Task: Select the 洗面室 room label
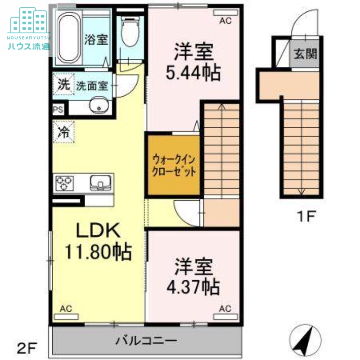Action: (x=92, y=85)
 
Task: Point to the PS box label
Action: (x=58, y=109)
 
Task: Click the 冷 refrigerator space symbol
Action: (x=63, y=132)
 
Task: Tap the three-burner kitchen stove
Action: (x=64, y=184)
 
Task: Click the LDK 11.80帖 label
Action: (x=98, y=242)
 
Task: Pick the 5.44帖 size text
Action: (x=193, y=72)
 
